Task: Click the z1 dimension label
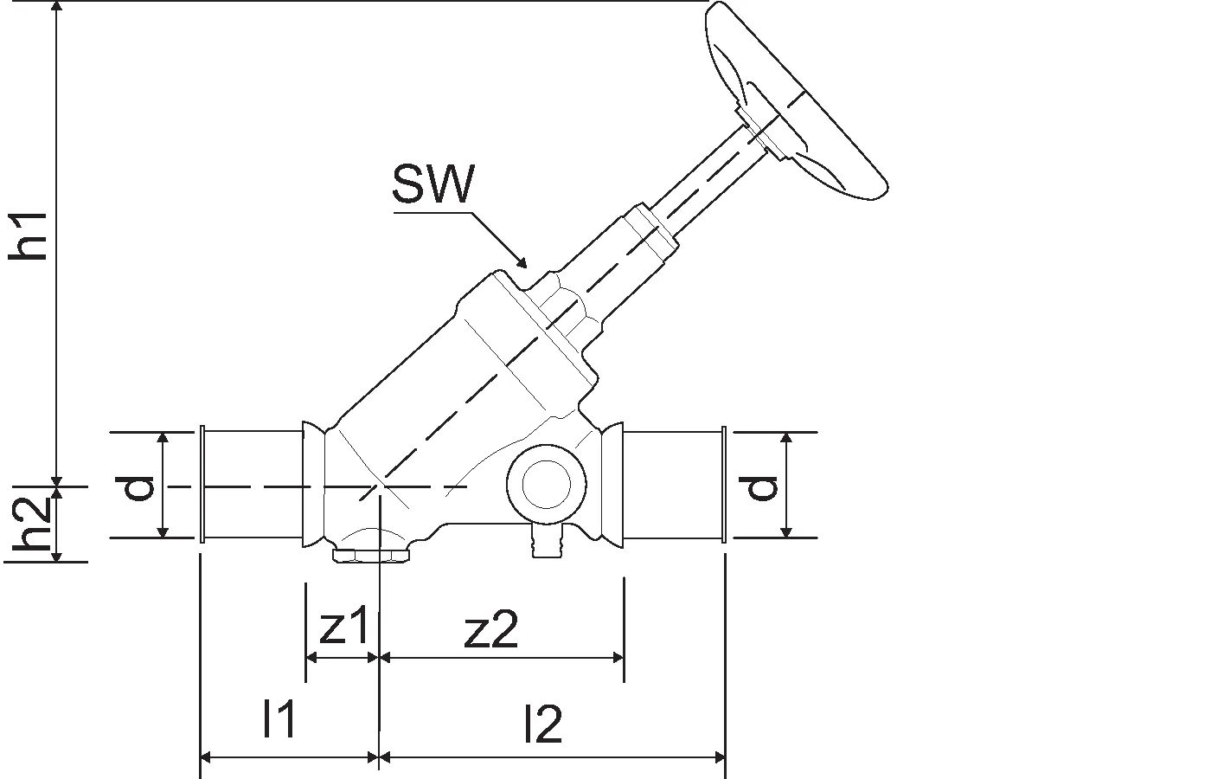343,630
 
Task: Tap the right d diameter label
761,486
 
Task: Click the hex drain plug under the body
372,553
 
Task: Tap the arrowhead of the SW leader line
522,262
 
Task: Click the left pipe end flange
202,485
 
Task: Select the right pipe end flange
722,485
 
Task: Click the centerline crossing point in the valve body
379,486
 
